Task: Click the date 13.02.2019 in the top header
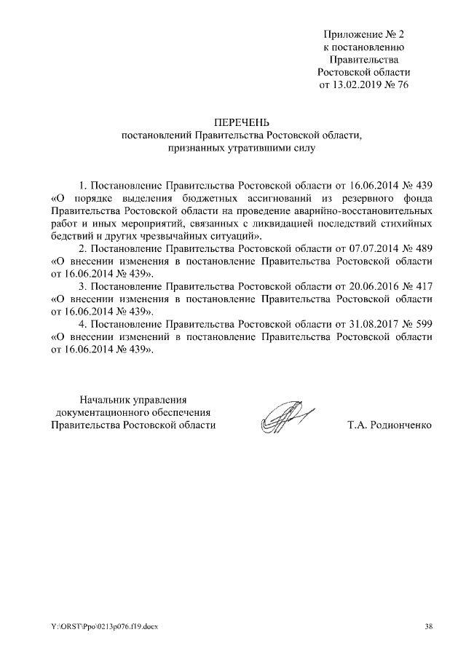point(356,84)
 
